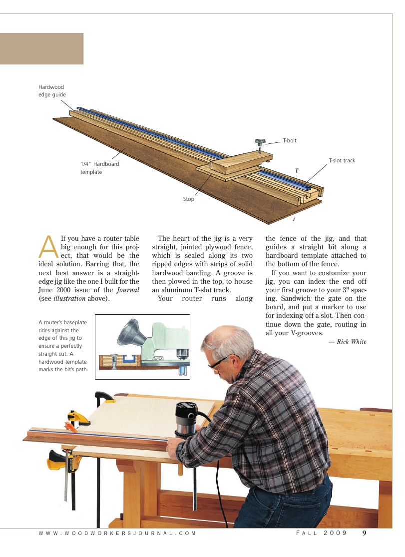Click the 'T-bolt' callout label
290,141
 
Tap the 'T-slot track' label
342,161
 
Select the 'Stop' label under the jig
188,199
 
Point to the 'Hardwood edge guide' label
52,91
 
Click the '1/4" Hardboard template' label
99,168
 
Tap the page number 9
365,533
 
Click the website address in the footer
117,534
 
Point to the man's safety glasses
218,364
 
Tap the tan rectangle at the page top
41,48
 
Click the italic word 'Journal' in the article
128,290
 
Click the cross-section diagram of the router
142,347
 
